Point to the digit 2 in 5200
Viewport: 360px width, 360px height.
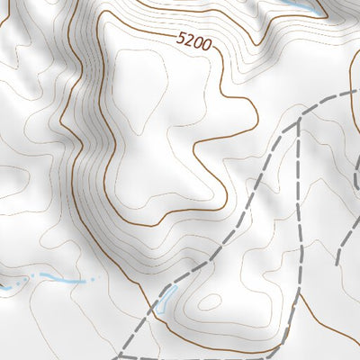tap(189, 40)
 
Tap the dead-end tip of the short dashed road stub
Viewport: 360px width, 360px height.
tap(337, 263)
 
